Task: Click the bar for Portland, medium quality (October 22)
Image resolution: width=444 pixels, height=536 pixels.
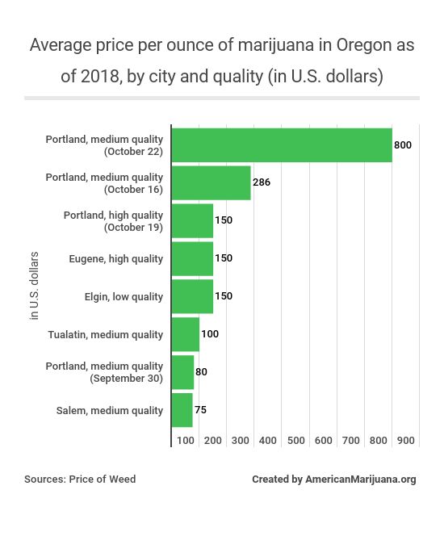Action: coord(282,145)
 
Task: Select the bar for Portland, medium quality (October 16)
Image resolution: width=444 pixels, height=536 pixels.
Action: coord(212,182)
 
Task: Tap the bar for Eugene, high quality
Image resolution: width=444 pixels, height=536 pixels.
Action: coord(193,258)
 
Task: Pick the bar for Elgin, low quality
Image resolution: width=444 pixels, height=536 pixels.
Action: coord(193,296)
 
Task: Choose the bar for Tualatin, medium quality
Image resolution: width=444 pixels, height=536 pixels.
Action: coord(186,334)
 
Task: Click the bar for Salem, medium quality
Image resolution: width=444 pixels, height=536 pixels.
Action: coord(182,410)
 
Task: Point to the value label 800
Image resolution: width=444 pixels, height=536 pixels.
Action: coord(403,145)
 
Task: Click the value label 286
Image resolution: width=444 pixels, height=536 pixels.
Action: coord(262,182)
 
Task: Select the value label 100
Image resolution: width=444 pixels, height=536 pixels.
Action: coord(210,334)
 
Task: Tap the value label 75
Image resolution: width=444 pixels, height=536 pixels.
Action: coord(200,410)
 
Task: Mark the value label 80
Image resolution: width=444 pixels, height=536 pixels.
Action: coord(202,372)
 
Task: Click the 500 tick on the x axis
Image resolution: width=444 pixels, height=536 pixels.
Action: coord(295,441)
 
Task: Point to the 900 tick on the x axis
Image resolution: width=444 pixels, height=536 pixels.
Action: coord(406,441)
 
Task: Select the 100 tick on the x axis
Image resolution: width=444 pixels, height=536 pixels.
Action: coord(186,441)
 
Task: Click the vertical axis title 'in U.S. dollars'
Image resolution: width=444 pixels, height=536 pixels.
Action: coord(34,286)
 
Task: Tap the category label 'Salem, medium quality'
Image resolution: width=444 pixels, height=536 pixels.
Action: coord(110,411)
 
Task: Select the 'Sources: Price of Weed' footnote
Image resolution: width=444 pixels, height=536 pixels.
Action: coord(80,479)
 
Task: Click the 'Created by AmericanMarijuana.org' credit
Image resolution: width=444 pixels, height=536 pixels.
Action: coord(333,479)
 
